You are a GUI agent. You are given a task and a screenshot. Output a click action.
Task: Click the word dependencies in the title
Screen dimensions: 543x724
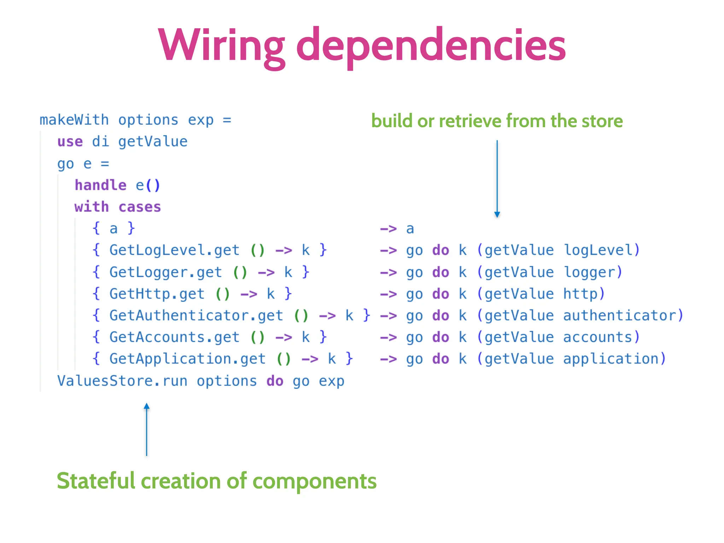pyautogui.click(x=431, y=46)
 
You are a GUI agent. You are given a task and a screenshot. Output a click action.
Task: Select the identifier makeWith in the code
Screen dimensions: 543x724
pyautogui.click(x=74, y=120)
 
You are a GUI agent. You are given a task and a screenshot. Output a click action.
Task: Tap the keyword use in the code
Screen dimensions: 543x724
pyautogui.click(x=70, y=142)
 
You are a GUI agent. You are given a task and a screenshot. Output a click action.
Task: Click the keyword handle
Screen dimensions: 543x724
pyautogui.click(x=100, y=185)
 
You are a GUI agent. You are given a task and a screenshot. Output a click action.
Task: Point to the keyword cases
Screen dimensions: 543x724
pyautogui.click(x=140, y=207)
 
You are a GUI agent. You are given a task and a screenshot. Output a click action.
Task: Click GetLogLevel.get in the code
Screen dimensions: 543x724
pyautogui.click(x=174, y=250)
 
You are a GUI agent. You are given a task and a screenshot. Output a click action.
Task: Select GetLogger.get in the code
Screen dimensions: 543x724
pyautogui.click(x=165, y=272)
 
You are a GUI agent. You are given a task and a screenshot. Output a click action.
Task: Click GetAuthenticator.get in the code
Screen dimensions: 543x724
pyautogui.click(x=196, y=316)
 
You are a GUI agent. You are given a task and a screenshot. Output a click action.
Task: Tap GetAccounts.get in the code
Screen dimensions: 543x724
pyautogui.click(x=174, y=337)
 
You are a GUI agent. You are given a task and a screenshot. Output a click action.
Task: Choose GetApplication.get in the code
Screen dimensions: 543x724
pyautogui.click(x=187, y=359)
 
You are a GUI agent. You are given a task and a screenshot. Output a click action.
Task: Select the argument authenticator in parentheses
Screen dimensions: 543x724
pyautogui.click(x=619, y=316)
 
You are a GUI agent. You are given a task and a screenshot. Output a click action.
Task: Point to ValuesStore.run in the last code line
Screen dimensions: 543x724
pyautogui.click(x=122, y=381)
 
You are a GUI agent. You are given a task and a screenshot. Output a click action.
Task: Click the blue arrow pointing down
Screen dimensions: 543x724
pyautogui.click(x=497, y=179)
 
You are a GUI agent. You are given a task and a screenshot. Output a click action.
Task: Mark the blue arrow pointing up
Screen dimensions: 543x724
pyautogui.click(x=147, y=429)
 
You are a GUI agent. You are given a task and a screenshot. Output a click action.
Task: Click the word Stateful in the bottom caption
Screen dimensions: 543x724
pyautogui.click(x=96, y=481)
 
